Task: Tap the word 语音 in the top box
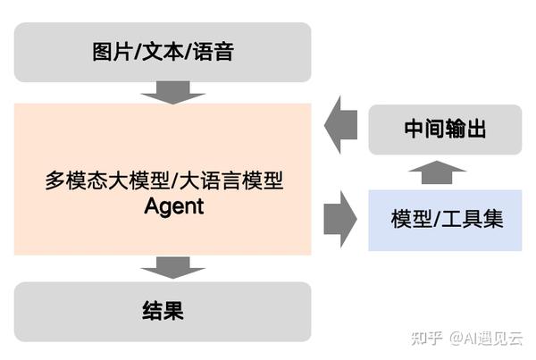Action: tap(214, 52)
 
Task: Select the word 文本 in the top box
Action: tap(162, 52)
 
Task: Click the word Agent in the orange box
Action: tap(174, 206)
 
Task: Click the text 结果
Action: tap(163, 311)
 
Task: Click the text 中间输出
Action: tap(445, 130)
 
